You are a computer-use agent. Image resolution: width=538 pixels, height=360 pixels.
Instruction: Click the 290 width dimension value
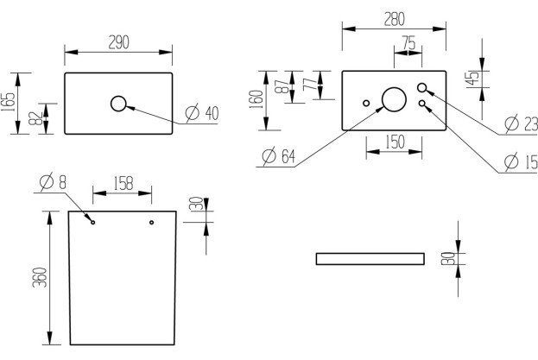pyautogui.click(x=118, y=43)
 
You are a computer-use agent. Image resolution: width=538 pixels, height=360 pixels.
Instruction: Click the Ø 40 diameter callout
pyautogui.click(x=200, y=113)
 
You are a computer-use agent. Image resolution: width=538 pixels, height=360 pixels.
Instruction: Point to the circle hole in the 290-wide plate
pyautogui.click(x=118, y=104)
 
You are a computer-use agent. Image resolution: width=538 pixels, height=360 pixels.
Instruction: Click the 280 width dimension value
pyautogui.click(x=394, y=18)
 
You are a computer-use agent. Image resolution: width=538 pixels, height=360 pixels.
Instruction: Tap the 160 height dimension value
pyautogui.click(x=256, y=99)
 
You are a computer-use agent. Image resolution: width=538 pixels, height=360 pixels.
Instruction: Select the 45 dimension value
pyautogui.click(x=472, y=78)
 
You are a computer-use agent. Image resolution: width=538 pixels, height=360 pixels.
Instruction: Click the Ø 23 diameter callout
pyautogui.click(x=522, y=124)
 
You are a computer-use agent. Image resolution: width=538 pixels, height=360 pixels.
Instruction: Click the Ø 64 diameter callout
pyautogui.click(x=278, y=156)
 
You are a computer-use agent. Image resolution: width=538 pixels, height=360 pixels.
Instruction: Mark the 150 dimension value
pyautogui.click(x=395, y=142)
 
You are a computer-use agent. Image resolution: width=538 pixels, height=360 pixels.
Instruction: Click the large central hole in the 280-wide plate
pyautogui.click(x=394, y=100)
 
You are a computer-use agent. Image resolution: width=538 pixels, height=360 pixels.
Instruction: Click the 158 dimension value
pyautogui.click(x=123, y=183)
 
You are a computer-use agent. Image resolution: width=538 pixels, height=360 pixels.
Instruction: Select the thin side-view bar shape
pyautogui.click(x=370, y=258)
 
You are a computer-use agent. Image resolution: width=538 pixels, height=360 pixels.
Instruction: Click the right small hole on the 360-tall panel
pyautogui.click(x=151, y=223)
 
